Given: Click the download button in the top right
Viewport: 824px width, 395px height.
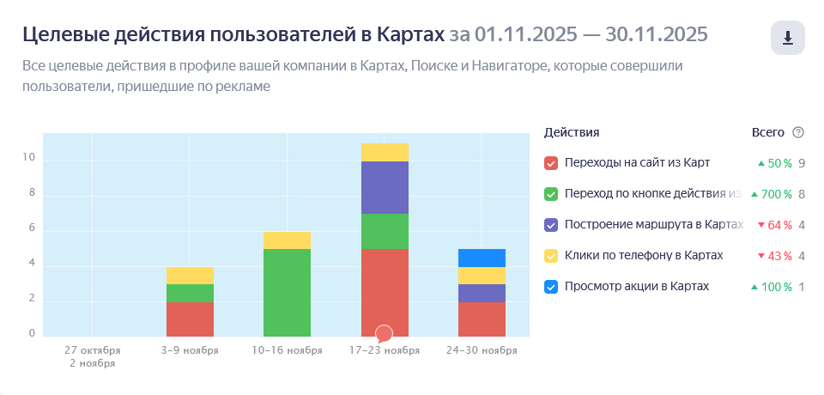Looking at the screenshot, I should (787, 39).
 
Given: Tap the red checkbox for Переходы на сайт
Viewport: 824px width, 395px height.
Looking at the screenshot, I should (551, 163).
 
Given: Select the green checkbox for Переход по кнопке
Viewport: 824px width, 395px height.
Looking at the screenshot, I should (551, 194).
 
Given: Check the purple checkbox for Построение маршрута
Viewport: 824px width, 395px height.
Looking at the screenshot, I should (551, 225).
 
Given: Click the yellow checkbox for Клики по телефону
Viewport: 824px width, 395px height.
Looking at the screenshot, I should (551, 256).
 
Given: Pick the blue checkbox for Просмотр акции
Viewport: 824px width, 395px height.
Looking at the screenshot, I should (551, 287).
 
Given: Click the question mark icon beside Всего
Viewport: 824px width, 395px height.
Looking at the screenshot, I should (798, 132).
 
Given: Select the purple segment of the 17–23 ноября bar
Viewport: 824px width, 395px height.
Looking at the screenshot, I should (385, 187).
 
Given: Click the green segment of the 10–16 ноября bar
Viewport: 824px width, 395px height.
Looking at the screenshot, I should (287, 292).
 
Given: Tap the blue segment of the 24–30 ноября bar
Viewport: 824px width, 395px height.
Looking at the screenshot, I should (482, 258).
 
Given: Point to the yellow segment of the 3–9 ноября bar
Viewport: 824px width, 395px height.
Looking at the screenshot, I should (190, 275).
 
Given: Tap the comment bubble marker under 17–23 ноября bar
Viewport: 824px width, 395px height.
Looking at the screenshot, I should (385, 333).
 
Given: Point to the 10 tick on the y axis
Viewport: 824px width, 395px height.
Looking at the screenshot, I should (30, 158).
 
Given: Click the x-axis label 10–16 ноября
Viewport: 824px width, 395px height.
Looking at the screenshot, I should (287, 350).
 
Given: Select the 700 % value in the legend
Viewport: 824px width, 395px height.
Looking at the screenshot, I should (776, 194).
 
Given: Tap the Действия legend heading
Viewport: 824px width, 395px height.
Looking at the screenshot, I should (572, 132).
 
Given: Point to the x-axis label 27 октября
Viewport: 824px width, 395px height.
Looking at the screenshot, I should (93, 350).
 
